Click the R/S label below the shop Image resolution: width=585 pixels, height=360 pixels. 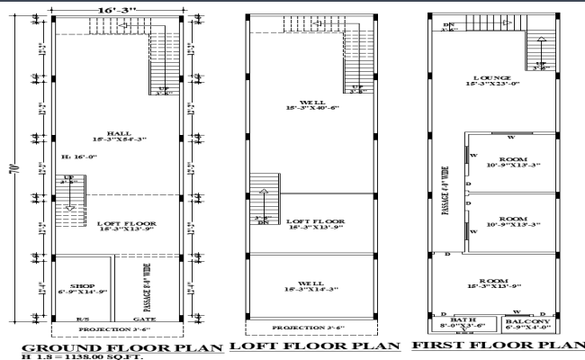click(82, 319)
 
